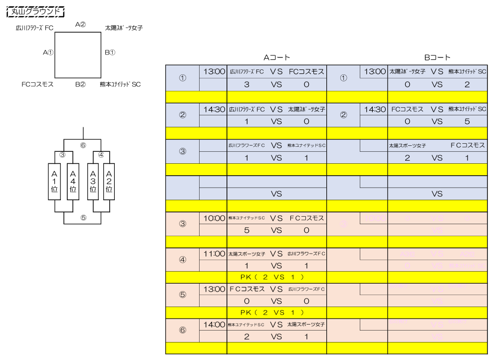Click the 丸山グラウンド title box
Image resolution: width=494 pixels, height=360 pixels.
coord(38,11)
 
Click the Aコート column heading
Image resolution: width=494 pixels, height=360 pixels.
coord(277,58)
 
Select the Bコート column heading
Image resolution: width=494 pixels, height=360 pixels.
coord(437,58)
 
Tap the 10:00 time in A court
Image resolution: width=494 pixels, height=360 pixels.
coord(214,218)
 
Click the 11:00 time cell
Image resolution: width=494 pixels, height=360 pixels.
coord(214,254)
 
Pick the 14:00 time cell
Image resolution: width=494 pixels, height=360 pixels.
coord(214,325)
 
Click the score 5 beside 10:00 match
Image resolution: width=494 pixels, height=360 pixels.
coord(247,230)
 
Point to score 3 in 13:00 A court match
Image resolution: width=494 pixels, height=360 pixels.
coord(247,84)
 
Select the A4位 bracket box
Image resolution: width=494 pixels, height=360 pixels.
coord(73,182)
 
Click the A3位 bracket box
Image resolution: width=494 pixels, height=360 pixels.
coord(92,182)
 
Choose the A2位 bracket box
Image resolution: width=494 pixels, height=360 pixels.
coord(109,182)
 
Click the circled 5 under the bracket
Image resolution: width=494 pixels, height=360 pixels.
coord(83,218)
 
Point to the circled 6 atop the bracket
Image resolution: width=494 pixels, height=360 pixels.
coord(83,145)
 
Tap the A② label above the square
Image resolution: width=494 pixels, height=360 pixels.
coord(80,24)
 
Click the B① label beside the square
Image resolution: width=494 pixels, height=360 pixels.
coord(110,52)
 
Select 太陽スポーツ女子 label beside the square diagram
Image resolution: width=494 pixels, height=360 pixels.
coord(124,28)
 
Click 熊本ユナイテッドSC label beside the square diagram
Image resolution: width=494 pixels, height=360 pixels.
coord(120,84)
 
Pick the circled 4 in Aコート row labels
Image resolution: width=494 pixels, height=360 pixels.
coord(182,260)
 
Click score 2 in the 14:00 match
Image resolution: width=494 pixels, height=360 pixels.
coord(247,337)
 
